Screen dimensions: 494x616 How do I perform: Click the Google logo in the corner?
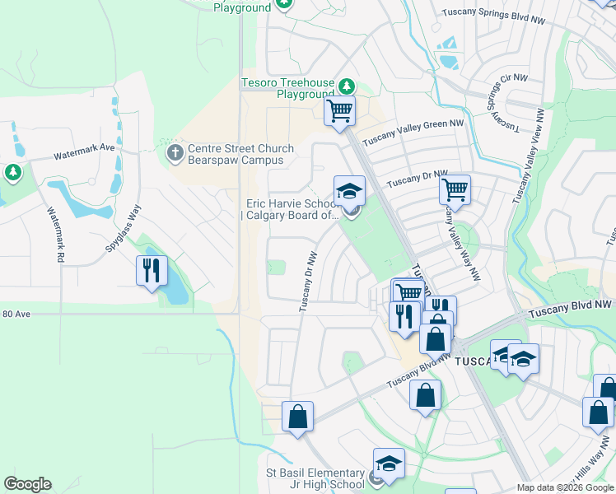pyautogui.click(x=27, y=484)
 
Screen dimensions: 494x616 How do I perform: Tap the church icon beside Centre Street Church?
pyautogui.click(x=175, y=153)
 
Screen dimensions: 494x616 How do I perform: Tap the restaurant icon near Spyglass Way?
pyautogui.click(x=152, y=271)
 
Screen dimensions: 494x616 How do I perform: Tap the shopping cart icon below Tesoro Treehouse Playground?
pyautogui.click(x=339, y=111)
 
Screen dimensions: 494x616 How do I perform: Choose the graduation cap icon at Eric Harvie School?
pyautogui.click(x=349, y=191)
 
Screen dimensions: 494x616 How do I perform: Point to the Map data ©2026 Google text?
pyautogui.click(x=566, y=487)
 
